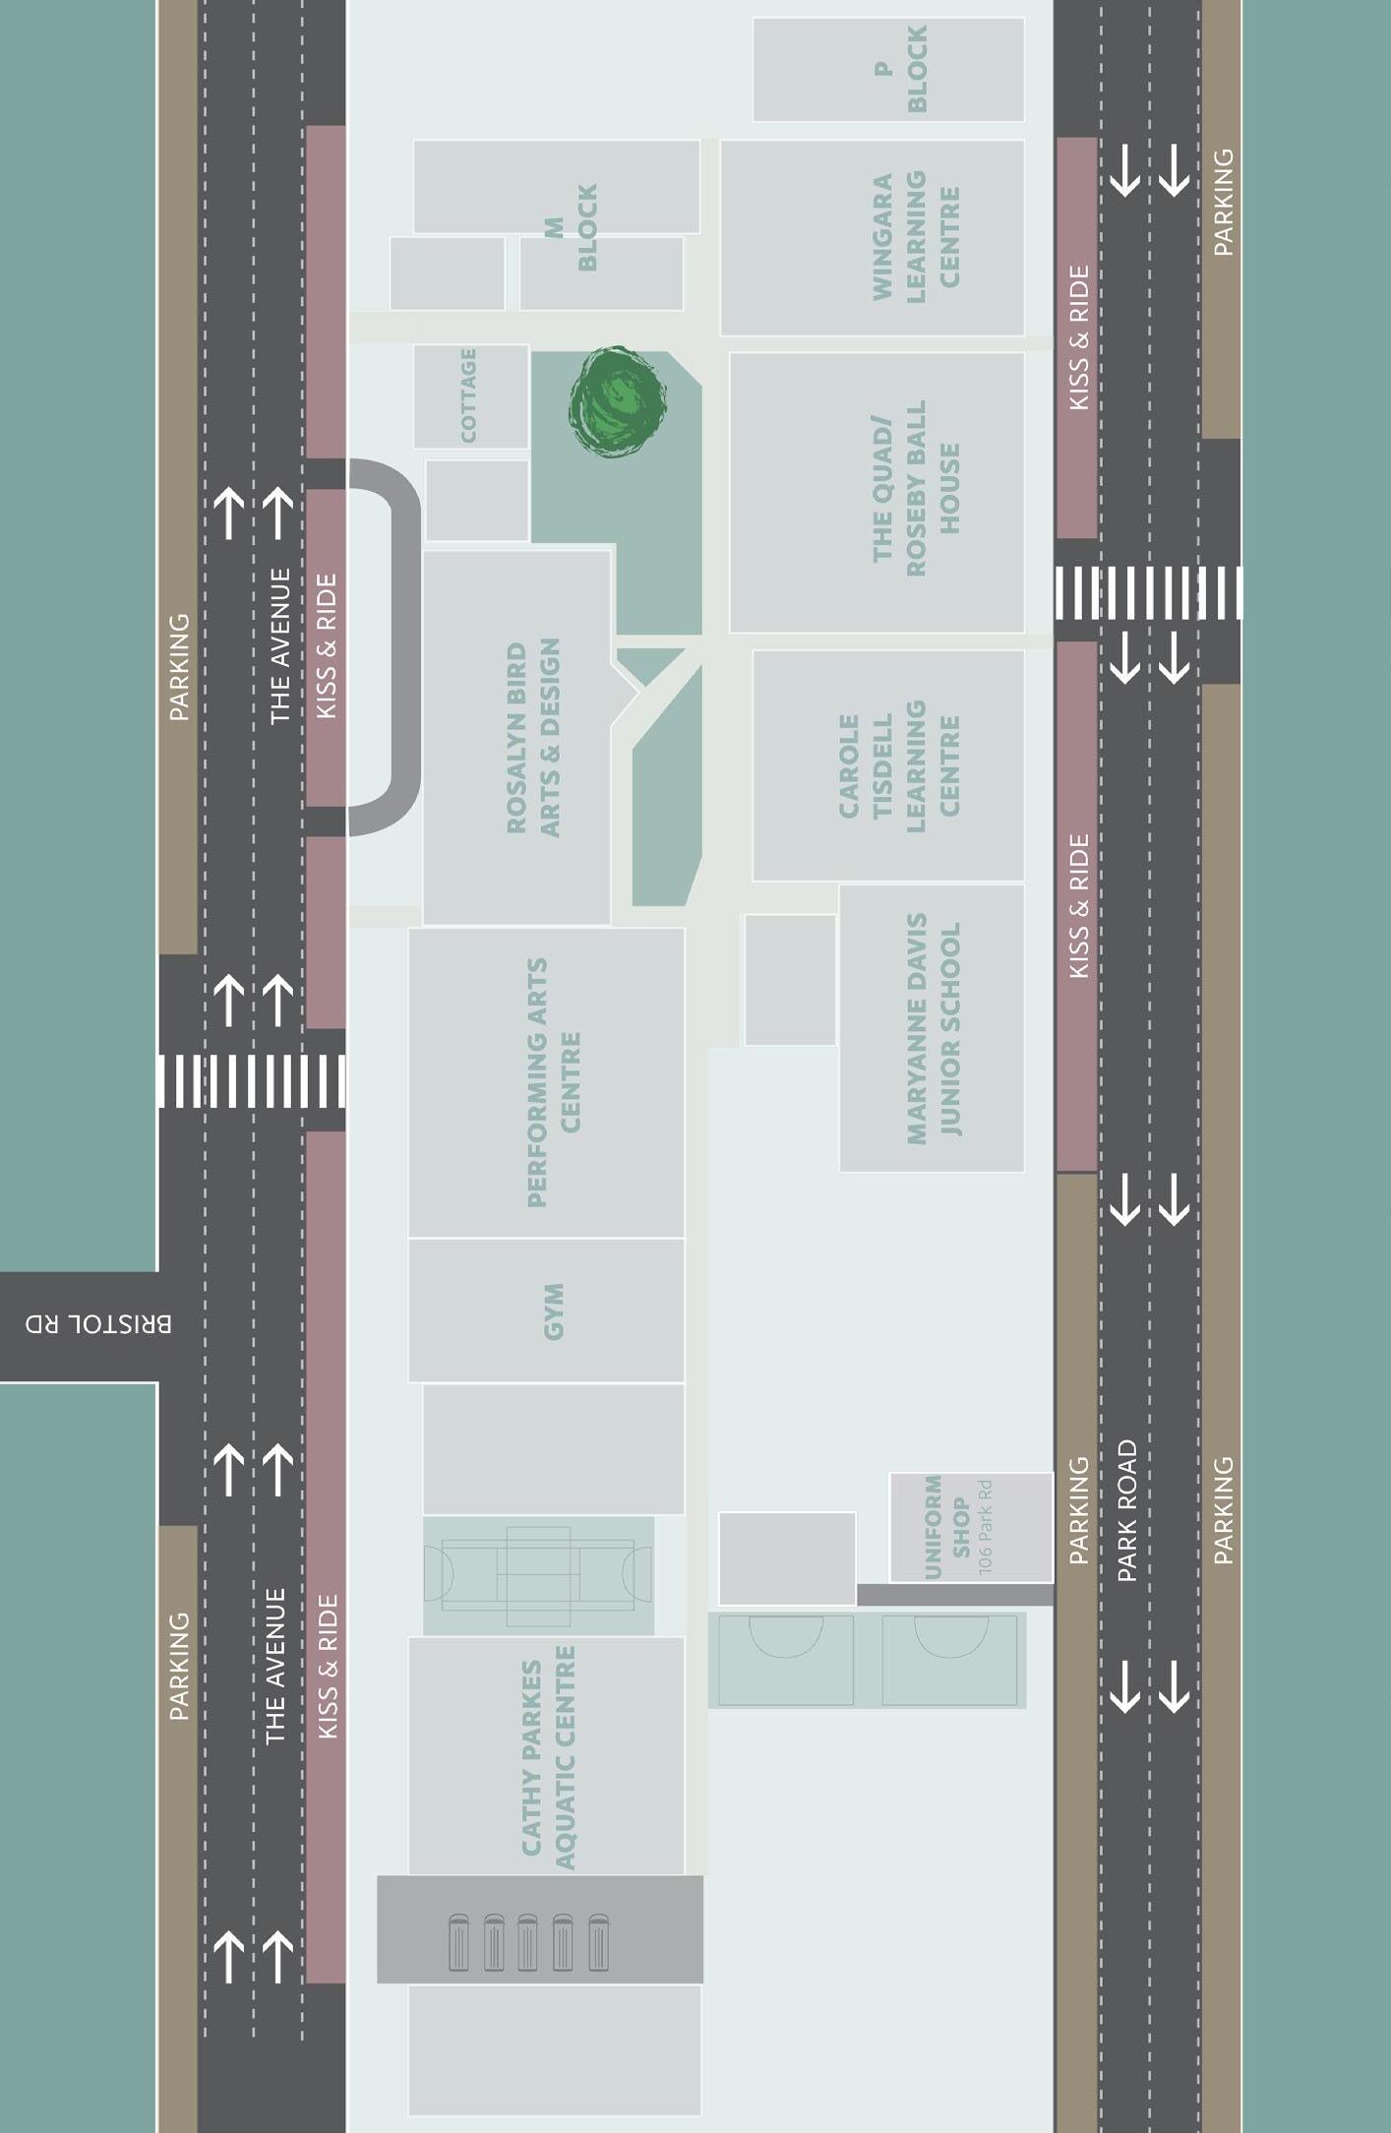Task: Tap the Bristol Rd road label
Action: coord(98,1324)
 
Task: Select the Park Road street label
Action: coord(1127,1510)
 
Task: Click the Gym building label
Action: coord(554,1310)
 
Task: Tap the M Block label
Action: coord(572,227)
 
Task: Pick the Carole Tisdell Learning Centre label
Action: coord(897,765)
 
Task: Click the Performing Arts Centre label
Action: coord(554,1082)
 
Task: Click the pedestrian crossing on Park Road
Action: coord(1148,592)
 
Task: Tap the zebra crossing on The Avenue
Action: coord(252,1080)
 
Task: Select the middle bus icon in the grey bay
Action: coord(528,1942)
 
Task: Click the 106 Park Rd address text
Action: coord(986,1527)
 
